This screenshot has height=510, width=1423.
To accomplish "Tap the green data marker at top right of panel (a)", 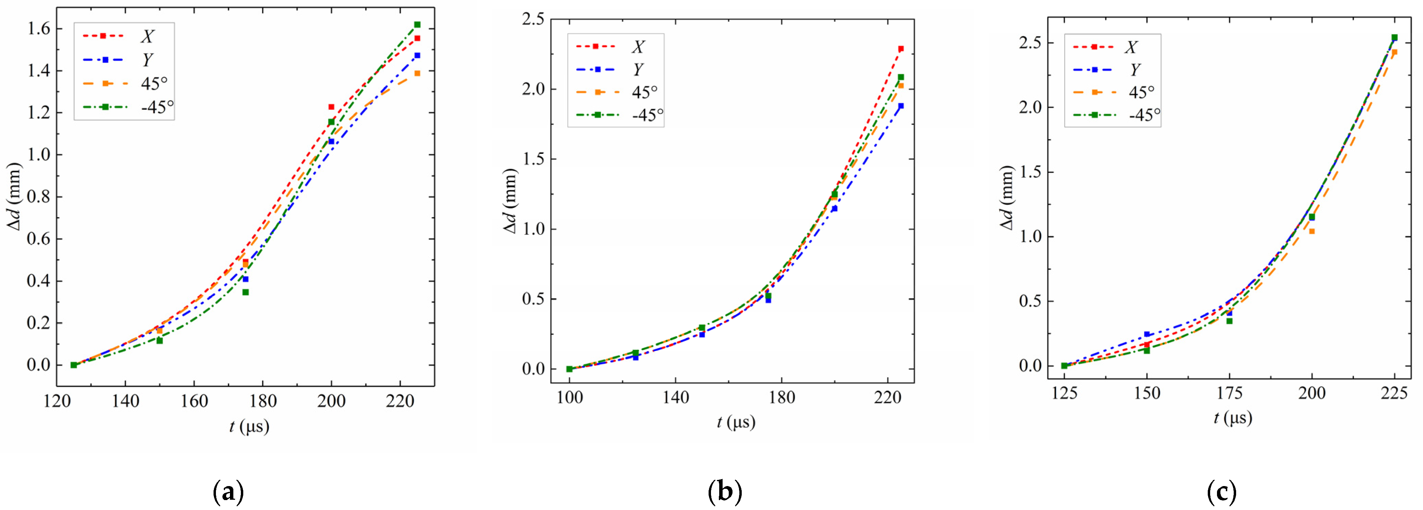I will coord(417,24).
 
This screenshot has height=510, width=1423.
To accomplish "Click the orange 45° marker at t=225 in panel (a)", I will coord(417,73).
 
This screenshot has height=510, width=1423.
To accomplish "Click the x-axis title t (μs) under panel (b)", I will coord(736,422).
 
